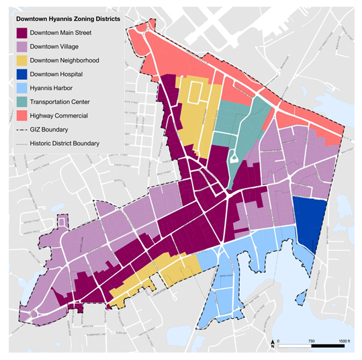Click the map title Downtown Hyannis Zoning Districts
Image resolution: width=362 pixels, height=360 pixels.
pyautogui.click(x=69, y=19)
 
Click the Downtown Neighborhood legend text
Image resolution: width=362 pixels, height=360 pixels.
pyautogui.click(x=70, y=60)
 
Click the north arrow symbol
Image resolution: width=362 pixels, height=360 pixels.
pyautogui.click(x=271, y=344)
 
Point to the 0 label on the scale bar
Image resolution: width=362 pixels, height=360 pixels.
pyautogui.click(x=279, y=341)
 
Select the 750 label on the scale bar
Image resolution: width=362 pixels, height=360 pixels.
pyautogui.click(x=311, y=341)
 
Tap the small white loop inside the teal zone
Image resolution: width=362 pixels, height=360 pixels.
pyautogui.click(x=233, y=159)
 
